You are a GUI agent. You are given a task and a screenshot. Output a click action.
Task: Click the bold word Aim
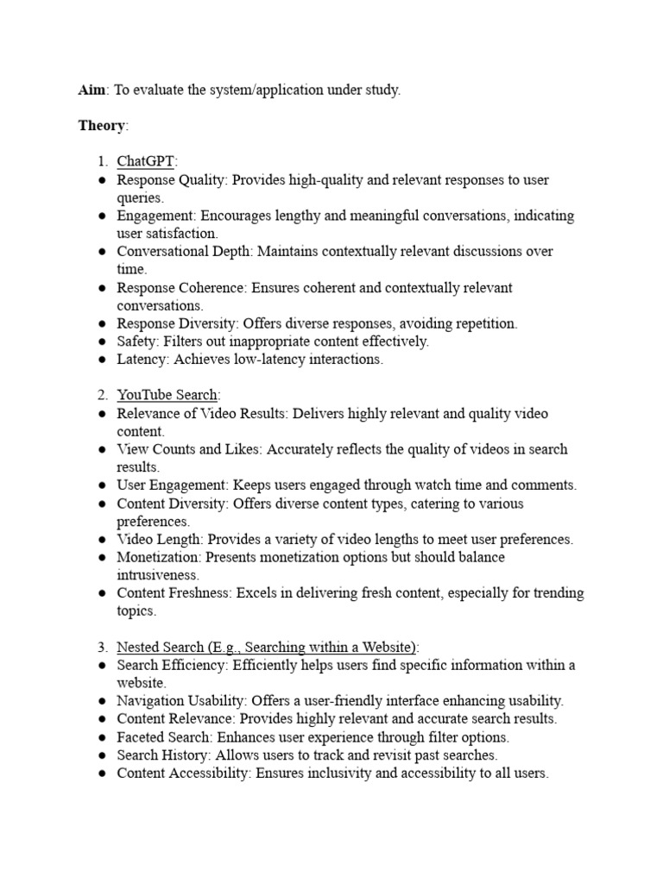91,91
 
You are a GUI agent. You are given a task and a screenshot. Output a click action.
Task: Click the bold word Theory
101,126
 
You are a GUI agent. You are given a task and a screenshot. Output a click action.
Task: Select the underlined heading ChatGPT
145,162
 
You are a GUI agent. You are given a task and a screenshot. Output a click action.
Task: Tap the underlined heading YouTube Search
167,395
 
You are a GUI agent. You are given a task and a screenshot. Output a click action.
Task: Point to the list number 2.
101,395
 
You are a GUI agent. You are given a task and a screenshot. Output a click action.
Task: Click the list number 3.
101,647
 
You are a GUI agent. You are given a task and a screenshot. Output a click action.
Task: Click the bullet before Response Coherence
101,288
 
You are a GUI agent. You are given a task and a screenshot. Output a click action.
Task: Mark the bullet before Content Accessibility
101,773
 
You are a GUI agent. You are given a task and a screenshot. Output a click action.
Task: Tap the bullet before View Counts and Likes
101,450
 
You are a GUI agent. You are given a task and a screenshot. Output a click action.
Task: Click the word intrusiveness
158,574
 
